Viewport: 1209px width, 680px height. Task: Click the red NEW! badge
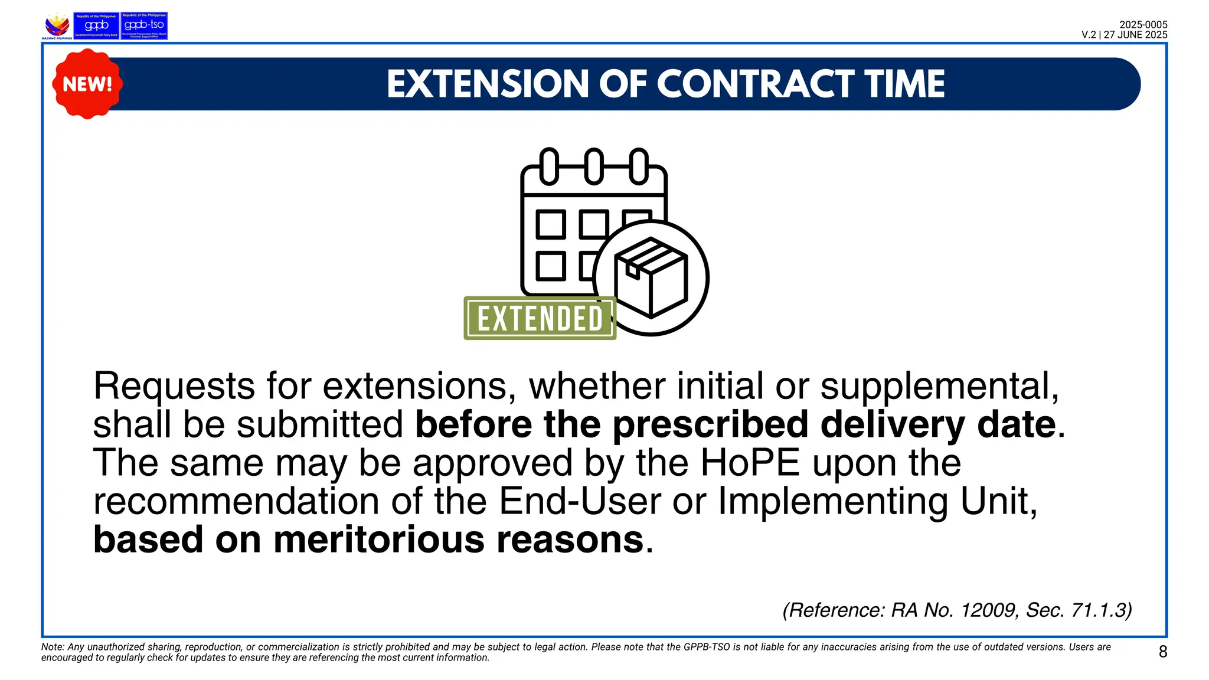pos(87,84)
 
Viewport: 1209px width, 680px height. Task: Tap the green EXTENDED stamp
pos(540,318)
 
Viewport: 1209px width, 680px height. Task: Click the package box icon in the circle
pos(651,277)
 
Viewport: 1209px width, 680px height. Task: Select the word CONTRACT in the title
pos(756,84)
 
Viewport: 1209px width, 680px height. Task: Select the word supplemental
pos(939,386)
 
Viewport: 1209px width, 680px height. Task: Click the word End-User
pos(580,501)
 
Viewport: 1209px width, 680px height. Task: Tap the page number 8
pos(1162,652)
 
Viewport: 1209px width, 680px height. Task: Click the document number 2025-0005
pos(1143,25)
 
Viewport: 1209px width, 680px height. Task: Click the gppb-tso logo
pos(144,25)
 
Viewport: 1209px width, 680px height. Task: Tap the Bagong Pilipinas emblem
pos(57,26)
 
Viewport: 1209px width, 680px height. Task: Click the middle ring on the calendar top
pos(594,166)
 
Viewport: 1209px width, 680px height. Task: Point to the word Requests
pos(174,386)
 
